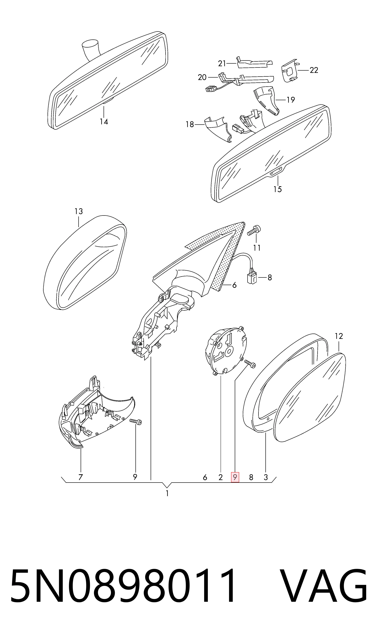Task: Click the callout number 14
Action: (104, 122)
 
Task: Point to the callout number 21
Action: (222, 63)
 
